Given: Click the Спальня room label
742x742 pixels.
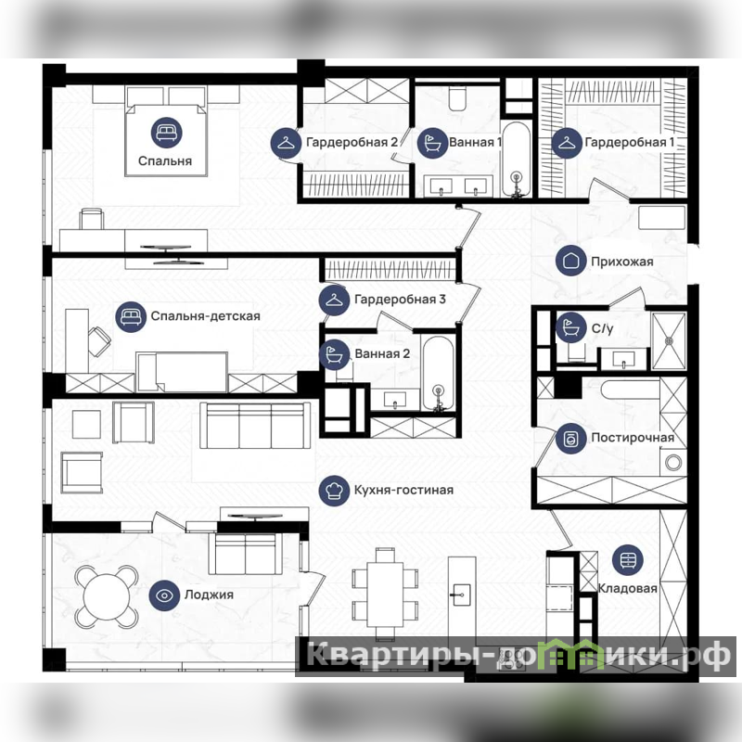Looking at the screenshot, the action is click(165, 160).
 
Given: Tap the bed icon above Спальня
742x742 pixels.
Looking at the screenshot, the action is click(167, 133).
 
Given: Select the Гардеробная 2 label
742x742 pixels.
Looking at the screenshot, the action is click(352, 143).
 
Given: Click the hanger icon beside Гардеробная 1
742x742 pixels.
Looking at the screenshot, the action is click(567, 143).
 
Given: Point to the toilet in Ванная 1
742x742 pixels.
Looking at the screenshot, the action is click(457, 98).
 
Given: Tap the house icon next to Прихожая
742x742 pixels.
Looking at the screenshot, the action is click(571, 261).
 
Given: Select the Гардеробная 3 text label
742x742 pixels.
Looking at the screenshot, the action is click(400, 300).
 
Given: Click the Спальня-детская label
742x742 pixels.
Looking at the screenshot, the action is click(205, 316).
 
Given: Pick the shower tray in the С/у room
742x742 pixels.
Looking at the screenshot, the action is click(669, 340).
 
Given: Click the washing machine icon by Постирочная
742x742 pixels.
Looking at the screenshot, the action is click(571, 439).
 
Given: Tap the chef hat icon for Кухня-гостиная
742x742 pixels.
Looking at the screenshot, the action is click(334, 491).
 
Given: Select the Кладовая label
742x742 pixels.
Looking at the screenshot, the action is click(628, 588).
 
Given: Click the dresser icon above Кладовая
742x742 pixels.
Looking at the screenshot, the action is click(628, 560).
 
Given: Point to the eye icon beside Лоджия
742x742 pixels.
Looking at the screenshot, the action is click(164, 595).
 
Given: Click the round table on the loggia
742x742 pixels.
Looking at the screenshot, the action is click(107, 596).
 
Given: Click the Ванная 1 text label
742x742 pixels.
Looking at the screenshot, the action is click(475, 143).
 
